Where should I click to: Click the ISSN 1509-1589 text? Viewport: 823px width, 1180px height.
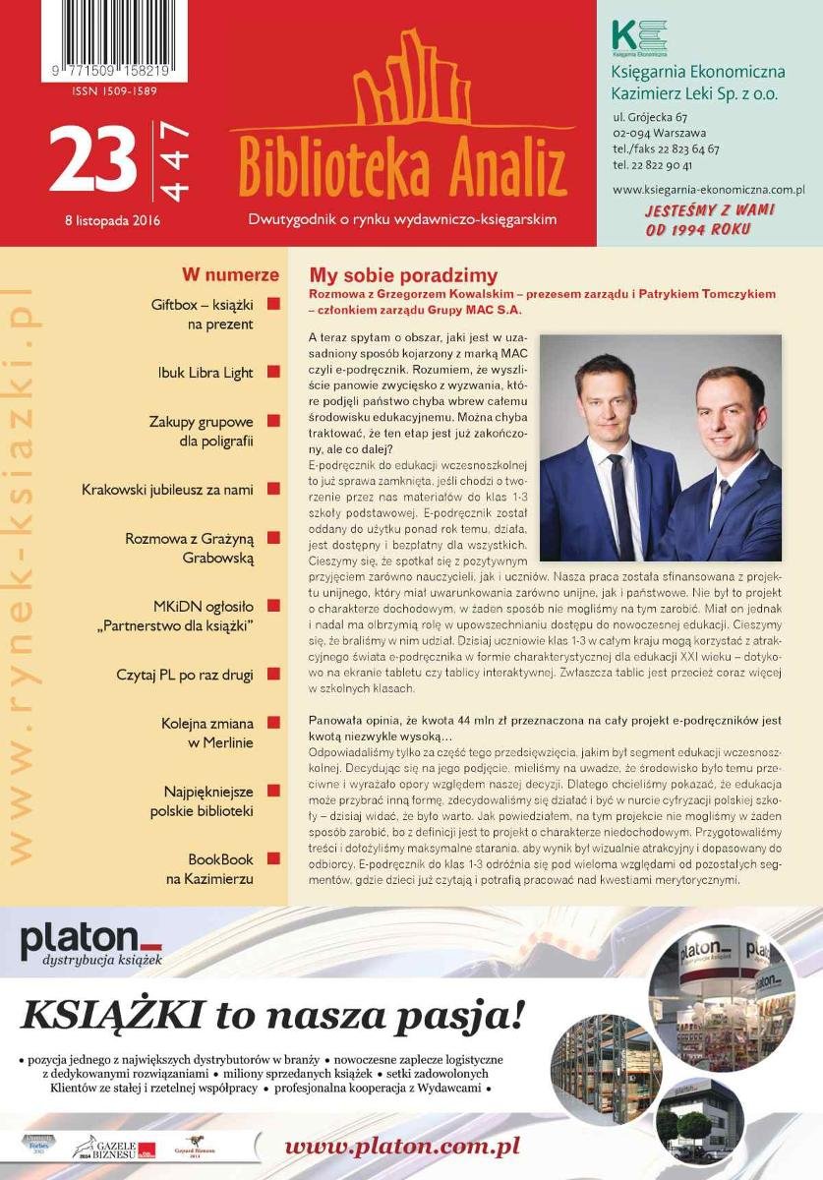[114, 91]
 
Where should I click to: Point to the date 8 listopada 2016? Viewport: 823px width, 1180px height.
[104, 220]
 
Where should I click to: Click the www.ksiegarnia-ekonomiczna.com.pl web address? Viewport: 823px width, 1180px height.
[708, 189]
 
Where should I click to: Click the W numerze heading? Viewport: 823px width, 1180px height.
[230, 275]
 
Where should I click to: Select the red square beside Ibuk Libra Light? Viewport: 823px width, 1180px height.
[273, 373]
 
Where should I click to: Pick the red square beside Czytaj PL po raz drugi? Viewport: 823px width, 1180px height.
[273, 675]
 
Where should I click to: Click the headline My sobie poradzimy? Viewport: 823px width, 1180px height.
[403, 276]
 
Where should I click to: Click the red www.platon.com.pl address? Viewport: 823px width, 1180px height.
[402, 1147]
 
